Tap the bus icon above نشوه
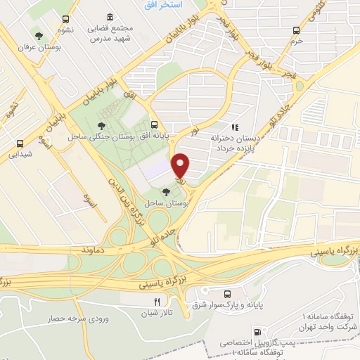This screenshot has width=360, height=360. [65, 19]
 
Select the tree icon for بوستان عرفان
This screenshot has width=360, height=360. [38, 35]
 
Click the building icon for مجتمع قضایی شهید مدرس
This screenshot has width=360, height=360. [109, 18]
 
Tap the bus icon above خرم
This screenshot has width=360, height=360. [296, 30]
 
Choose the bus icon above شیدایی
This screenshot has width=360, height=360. [18, 141]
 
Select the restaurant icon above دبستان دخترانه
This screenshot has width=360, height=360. [235, 127]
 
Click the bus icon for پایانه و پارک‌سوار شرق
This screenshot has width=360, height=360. [226, 294]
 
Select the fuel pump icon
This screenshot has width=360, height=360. [258, 331]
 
